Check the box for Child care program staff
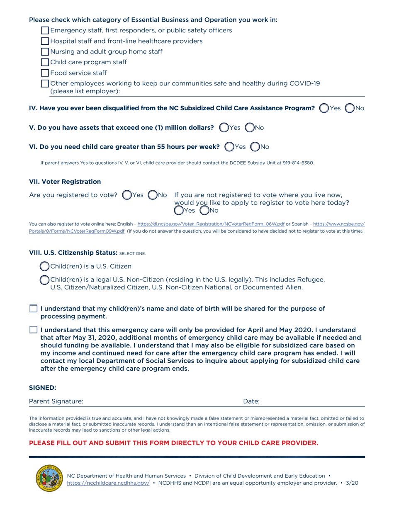click(x=46, y=63)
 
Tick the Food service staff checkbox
click(x=46, y=73)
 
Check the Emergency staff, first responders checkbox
click(x=46, y=30)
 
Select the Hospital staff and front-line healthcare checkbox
click(x=46, y=41)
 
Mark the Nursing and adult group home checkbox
click(x=46, y=52)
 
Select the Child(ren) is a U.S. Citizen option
click(x=44, y=266)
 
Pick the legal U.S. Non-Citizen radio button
click(x=44, y=280)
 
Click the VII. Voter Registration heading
click(x=65, y=182)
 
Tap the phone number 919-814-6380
click(x=300, y=163)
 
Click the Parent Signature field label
click(x=56, y=401)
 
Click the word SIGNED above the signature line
click(x=42, y=388)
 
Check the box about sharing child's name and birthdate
click(x=34, y=309)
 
